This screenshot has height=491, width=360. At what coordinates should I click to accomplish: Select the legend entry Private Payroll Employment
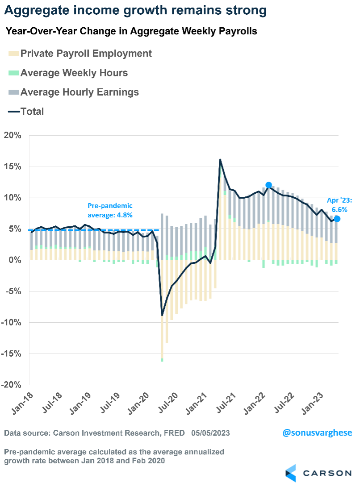click(80, 54)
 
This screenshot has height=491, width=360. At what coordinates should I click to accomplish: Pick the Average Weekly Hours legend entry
click(68, 73)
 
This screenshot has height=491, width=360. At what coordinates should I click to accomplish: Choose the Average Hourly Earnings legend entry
click(74, 92)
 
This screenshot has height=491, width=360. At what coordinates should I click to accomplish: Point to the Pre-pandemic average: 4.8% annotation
click(110, 210)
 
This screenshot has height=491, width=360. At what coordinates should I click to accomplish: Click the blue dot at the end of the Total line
click(337, 219)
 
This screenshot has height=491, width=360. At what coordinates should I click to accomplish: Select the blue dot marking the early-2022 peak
click(268, 185)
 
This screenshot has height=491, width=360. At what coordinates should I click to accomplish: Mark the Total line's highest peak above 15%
click(220, 160)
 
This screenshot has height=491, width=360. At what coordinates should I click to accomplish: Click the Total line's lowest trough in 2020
click(162, 315)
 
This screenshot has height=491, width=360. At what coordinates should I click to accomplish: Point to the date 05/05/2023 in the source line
click(211, 433)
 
